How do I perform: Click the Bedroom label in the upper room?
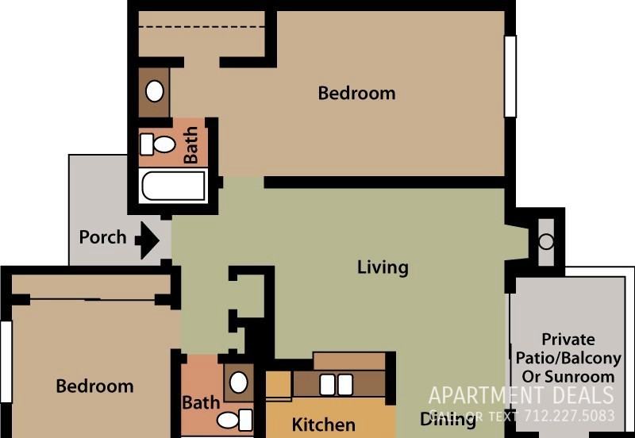(x=356, y=93)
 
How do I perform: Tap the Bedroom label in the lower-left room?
(x=94, y=386)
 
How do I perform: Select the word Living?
(x=383, y=267)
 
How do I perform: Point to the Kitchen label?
(x=323, y=425)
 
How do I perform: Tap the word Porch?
(x=102, y=237)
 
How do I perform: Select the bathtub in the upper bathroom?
(x=174, y=186)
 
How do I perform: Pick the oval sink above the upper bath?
(x=155, y=91)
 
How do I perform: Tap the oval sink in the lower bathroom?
(x=238, y=382)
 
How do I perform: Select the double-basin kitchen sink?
(x=336, y=385)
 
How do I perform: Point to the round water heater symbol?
(x=546, y=241)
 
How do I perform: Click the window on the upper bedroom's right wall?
(x=510, y=76)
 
